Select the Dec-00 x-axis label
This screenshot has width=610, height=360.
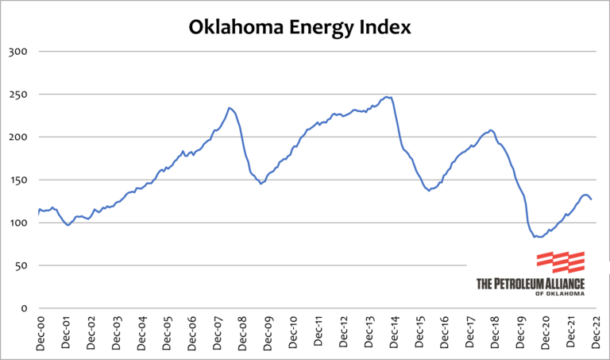pyautogui.click(x=41, y=333)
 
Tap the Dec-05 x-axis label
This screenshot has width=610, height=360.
pyautogui.click(x=167, y=333)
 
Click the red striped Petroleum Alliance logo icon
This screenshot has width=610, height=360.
pyautogui.click(x=561, y=262)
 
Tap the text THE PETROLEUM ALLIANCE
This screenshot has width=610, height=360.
pyautogui.click(x=530, y=283)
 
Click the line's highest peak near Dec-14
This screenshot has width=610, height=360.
pyautogui.click(x=387, y=97)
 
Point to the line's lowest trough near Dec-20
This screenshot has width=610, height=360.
pyautogui.click(x=539, y=237)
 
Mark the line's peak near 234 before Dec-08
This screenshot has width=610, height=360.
pyautogui.click(x=229, y=107)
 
